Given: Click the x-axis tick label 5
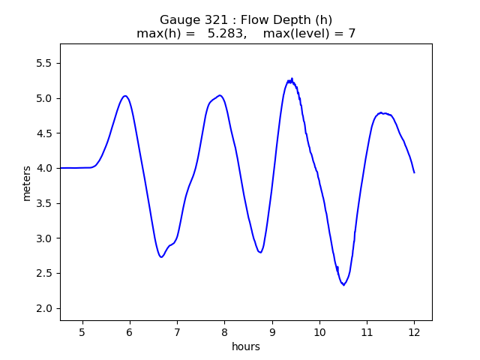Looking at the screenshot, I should point(82,332).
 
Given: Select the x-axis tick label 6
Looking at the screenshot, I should point(130,332).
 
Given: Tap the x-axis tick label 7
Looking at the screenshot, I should point(177,332).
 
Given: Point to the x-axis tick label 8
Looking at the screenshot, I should point(224,332).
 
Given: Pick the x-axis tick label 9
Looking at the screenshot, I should point(272,332).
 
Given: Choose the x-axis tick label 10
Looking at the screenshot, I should point(319,332).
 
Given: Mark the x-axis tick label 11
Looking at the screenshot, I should point(367,332).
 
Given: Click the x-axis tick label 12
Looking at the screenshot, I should point(414,332).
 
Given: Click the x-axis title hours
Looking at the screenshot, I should point(246,346).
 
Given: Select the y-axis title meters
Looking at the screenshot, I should point(27,183).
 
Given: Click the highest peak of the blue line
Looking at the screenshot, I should point(292,78).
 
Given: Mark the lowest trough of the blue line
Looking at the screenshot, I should point(343,285).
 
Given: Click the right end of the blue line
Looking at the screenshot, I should point(414,172).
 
